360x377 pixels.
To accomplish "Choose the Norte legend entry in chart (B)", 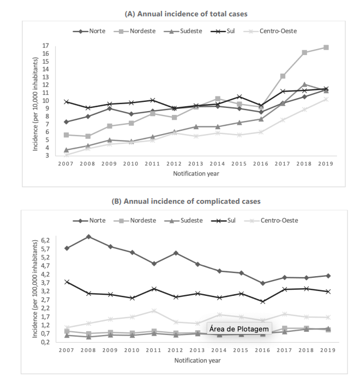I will (93, 220).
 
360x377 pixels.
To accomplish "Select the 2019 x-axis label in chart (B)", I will (326, 350).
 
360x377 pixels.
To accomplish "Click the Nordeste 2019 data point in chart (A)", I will (326, 47).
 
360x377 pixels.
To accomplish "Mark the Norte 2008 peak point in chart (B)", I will (88, 236).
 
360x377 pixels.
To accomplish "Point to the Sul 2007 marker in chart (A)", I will (67, 102).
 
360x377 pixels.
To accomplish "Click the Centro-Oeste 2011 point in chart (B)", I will (154, 311).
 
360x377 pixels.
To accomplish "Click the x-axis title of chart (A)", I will (196, 173).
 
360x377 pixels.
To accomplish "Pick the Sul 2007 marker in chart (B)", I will (67, 282).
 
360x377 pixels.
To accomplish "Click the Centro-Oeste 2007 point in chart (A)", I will (67, 155).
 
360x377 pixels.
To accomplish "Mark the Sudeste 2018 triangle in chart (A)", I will (304, 84).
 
